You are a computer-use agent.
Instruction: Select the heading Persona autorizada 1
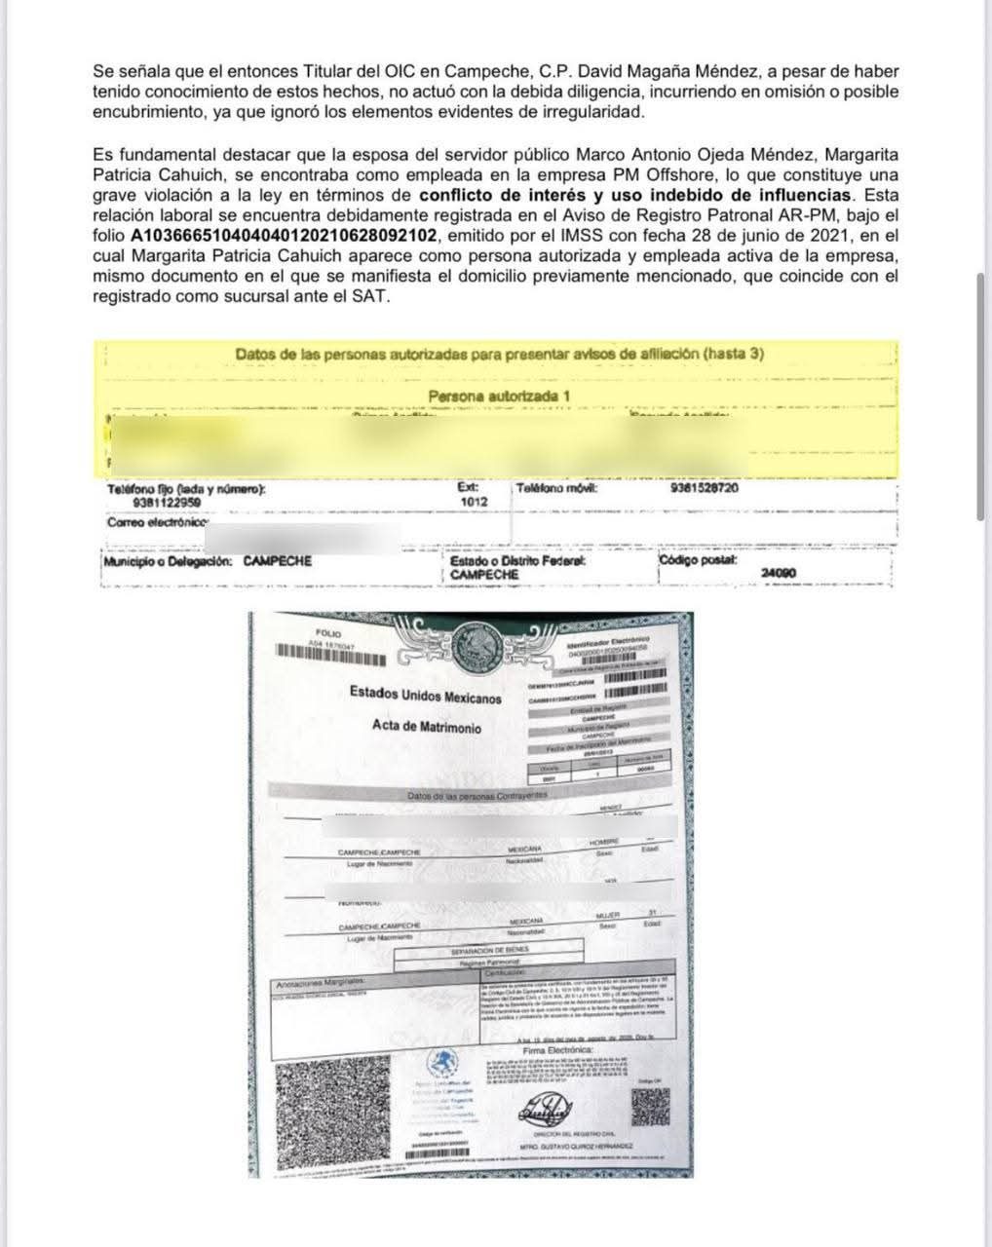[499, 397]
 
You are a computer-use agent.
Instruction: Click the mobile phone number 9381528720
[705, 488]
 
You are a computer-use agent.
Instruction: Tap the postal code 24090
[778, 573]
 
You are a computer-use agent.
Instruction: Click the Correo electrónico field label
[160, 523]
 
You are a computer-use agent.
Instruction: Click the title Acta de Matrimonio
[426, 728]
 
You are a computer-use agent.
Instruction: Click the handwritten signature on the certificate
[552, 1109]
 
